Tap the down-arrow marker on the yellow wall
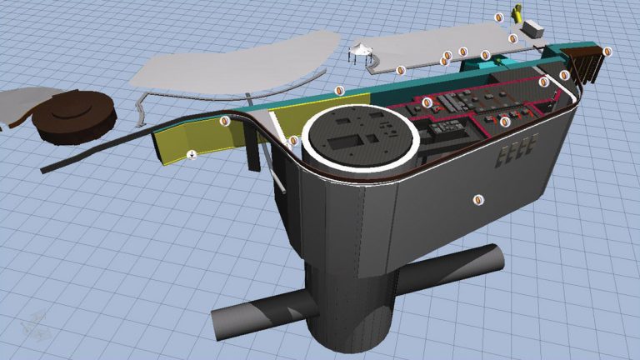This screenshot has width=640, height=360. (x=192, y=153)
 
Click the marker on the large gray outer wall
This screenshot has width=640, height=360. (x=477, y=198)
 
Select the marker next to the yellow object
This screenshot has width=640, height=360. (x=499, y=17)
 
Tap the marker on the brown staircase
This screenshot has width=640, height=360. (x=607, y=52)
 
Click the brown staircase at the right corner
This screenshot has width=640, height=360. (x=587, y=62)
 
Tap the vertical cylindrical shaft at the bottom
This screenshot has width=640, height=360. (x=350, y=317)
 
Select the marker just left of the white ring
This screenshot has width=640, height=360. (x=293, y=141)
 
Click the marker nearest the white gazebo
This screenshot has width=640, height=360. (x=401, y=70)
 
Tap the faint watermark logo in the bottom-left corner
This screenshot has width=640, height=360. (x=35, y=326)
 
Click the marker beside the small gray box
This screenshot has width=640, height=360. (x=512, y=38)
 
